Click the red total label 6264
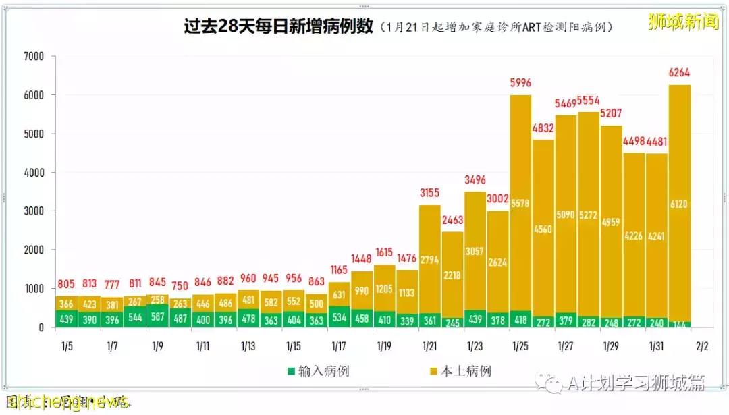tap(680, 73)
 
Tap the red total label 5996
tap(520, 83)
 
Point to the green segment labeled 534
tap(339, 317)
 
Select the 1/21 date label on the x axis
tap(429, 346)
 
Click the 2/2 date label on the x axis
tap(702, 346)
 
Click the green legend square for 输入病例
tap(291, 371)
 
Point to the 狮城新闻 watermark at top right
tap(682, 22)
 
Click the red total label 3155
tap(429, 194)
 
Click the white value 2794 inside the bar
tap(429, 258)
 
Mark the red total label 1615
tap(384, 252)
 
